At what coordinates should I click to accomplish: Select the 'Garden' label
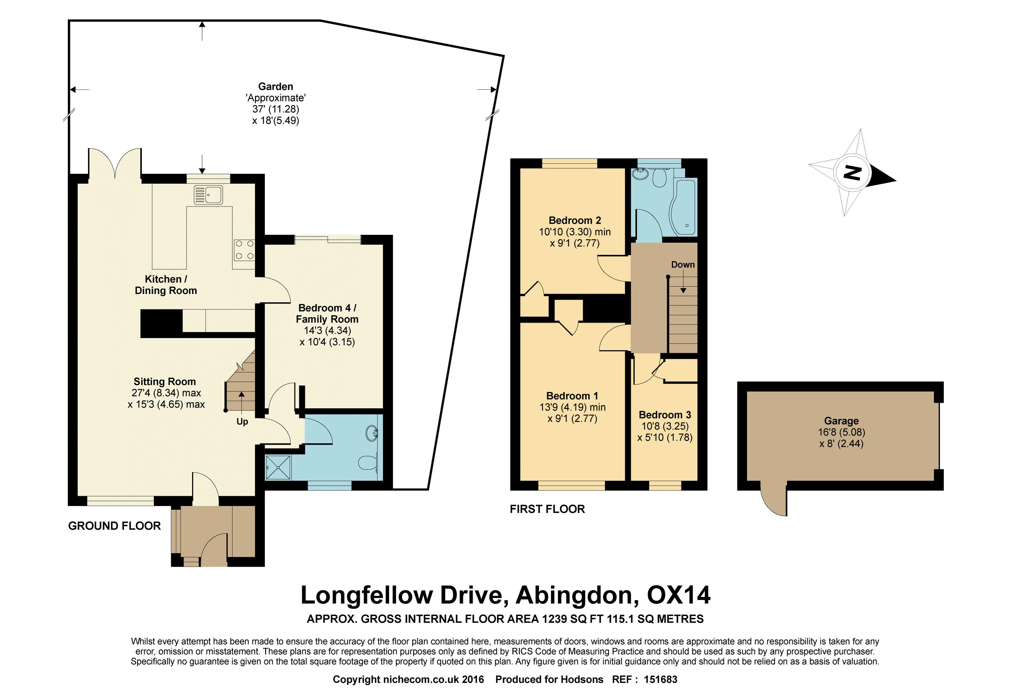pos(276,87)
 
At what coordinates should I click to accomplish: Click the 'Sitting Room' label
pos(165,382)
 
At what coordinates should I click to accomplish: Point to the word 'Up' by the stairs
pos(242,422)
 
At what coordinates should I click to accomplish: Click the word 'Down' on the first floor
pos(683,265)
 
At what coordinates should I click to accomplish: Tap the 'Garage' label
pos(841,421)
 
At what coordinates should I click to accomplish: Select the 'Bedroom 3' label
pos(665,414)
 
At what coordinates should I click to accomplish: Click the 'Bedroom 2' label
pos(575,220)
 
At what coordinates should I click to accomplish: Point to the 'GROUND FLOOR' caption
pos(115,526)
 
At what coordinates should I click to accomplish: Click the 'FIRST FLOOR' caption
pos(547,509)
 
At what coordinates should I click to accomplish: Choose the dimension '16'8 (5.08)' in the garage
pos(841,432)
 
